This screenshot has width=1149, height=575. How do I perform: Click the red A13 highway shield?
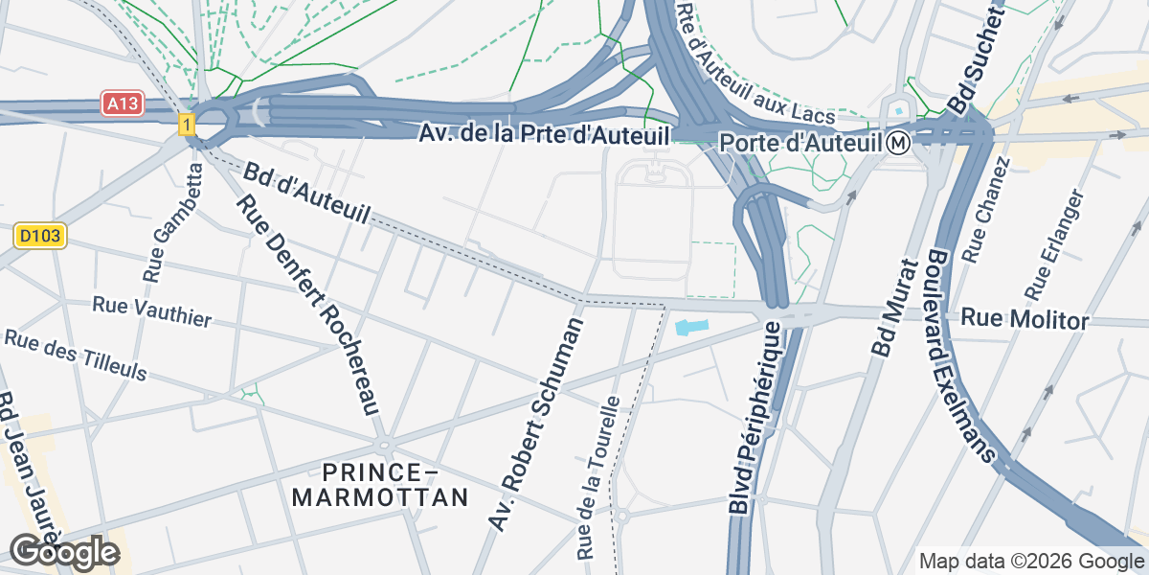123,103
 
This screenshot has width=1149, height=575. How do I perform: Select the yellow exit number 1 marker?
186,124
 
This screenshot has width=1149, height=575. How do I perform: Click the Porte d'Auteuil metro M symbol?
897,143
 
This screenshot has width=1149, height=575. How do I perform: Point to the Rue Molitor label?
1025,319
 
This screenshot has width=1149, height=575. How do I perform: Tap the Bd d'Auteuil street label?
305,194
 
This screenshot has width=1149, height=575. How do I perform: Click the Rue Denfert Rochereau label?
308,304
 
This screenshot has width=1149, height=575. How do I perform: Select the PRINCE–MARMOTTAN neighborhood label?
380,485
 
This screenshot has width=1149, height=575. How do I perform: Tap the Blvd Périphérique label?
758,418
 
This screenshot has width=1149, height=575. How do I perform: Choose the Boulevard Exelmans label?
957,356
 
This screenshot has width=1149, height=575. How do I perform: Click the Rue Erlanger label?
1052,243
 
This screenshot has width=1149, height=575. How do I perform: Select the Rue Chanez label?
986,210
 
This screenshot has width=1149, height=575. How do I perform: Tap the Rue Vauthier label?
151,311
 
